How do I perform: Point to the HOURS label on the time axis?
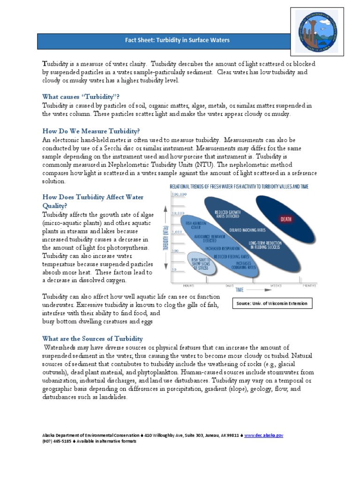coord(176,285)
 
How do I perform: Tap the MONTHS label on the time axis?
coord(308,285)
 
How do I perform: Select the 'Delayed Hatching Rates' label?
coord(247,230)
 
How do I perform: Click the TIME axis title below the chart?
coord(227,291)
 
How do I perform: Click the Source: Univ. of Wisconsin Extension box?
coord(272,303)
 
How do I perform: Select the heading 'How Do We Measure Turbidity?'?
coord(91,131)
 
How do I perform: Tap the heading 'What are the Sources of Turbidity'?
coord(92,338)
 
